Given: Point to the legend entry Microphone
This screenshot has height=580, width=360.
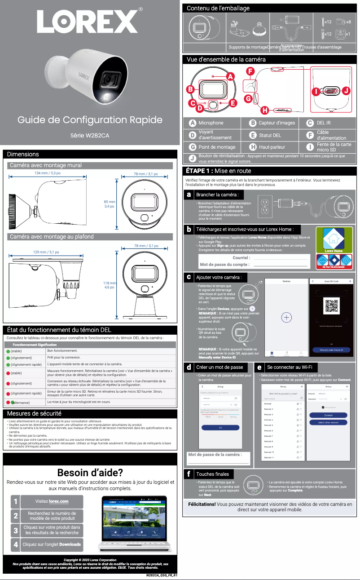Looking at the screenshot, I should point(211,123).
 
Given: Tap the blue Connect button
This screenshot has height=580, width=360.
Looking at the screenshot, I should point(329,415).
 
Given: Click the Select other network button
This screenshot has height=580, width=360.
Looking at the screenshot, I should point(329,422).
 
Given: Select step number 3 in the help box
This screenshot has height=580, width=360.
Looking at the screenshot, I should point(16,530).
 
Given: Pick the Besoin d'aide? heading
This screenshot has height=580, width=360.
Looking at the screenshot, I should point(90,473).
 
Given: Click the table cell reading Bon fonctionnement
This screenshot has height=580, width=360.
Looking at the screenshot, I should point(62,350).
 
